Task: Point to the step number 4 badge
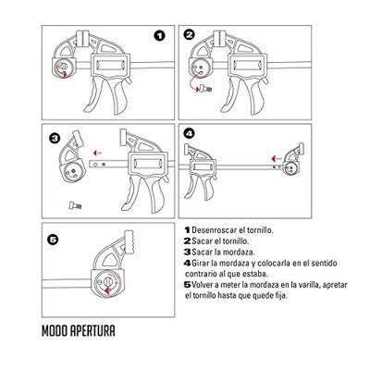(x=191, y=134)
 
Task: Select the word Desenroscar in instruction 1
(x=214, y=228)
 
